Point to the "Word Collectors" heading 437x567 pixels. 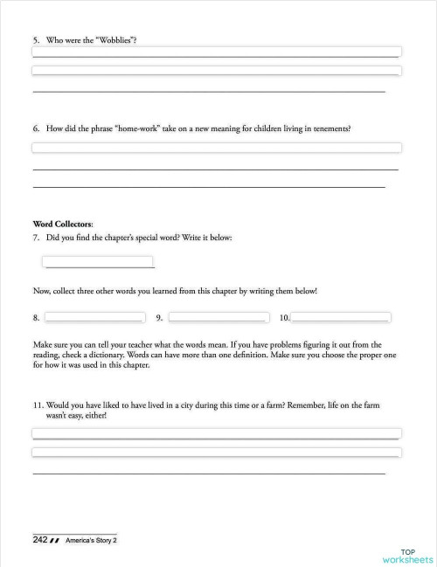[62, 224]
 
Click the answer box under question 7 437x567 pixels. [98, 262]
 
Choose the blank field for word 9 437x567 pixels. [218, 317]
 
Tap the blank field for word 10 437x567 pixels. [341, 317]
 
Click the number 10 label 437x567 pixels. [284, 318]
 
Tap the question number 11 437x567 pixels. [38, 406]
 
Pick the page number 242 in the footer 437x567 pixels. [39, 540]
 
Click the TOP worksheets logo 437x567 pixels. [407, 556]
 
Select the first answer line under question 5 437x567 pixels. [216, 52]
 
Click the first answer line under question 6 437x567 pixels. [216, 148]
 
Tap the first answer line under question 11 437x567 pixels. [216, 433]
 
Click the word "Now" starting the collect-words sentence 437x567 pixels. [40, 291]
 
